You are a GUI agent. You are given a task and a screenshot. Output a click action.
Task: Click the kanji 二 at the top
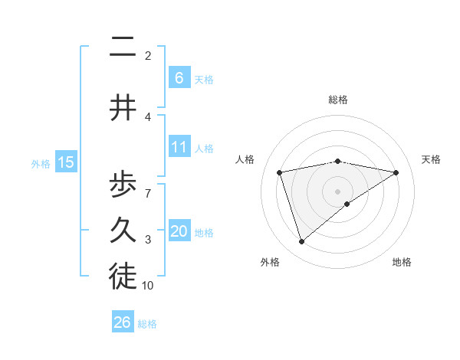(123, 49)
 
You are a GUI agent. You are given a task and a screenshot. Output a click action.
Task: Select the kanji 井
(123, 108)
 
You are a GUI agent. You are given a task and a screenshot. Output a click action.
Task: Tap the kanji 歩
(123, 185)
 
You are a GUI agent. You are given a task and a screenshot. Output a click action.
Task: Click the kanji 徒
(123, 277)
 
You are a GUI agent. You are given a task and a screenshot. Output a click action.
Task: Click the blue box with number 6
(179, 77)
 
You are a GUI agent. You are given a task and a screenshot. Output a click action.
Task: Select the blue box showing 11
(179, 147)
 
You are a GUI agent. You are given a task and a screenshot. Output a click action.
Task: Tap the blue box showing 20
(179, 231)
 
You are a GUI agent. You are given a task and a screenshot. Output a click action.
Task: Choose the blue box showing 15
(66, 162)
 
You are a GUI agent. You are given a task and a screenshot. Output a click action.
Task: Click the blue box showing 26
(123, 322)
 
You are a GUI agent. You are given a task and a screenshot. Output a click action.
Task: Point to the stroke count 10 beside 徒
(148, 286)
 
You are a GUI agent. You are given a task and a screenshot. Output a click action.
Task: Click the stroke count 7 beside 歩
(148, 186)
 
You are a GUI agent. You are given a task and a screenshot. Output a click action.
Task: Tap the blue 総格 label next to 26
(147, 324)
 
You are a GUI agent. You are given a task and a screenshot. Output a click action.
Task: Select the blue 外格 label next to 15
(41, 163)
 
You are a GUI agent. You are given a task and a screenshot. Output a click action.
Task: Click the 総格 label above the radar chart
(337, 100)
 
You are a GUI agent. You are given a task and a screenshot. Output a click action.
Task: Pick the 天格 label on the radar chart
(432, 159)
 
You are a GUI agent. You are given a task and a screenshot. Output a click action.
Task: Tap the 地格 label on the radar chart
(402, 262)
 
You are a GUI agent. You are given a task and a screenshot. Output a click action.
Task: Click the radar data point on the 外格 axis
(301, 242)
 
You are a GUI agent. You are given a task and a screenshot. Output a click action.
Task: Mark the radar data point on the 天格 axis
(396, 172)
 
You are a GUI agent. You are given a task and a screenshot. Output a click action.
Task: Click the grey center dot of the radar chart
(337, 191)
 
